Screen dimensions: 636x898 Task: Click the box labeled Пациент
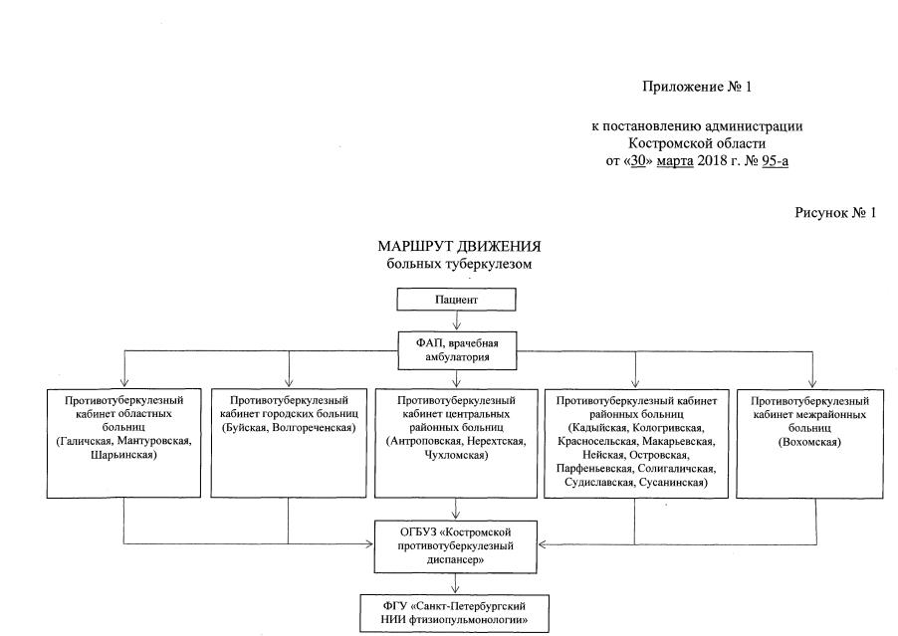[457, 299]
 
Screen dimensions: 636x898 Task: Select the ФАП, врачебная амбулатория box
[457, 350]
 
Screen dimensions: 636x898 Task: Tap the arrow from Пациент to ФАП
[457, 320]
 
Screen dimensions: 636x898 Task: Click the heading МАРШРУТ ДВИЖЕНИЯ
[459, 246]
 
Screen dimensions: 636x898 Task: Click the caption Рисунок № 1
[835, 212]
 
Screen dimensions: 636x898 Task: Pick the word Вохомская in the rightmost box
[812, 442]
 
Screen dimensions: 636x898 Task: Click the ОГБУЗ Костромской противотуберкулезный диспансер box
[457, 545]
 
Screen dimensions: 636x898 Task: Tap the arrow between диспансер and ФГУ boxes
[457, 582]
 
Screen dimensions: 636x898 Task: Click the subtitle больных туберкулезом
[459, 264]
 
